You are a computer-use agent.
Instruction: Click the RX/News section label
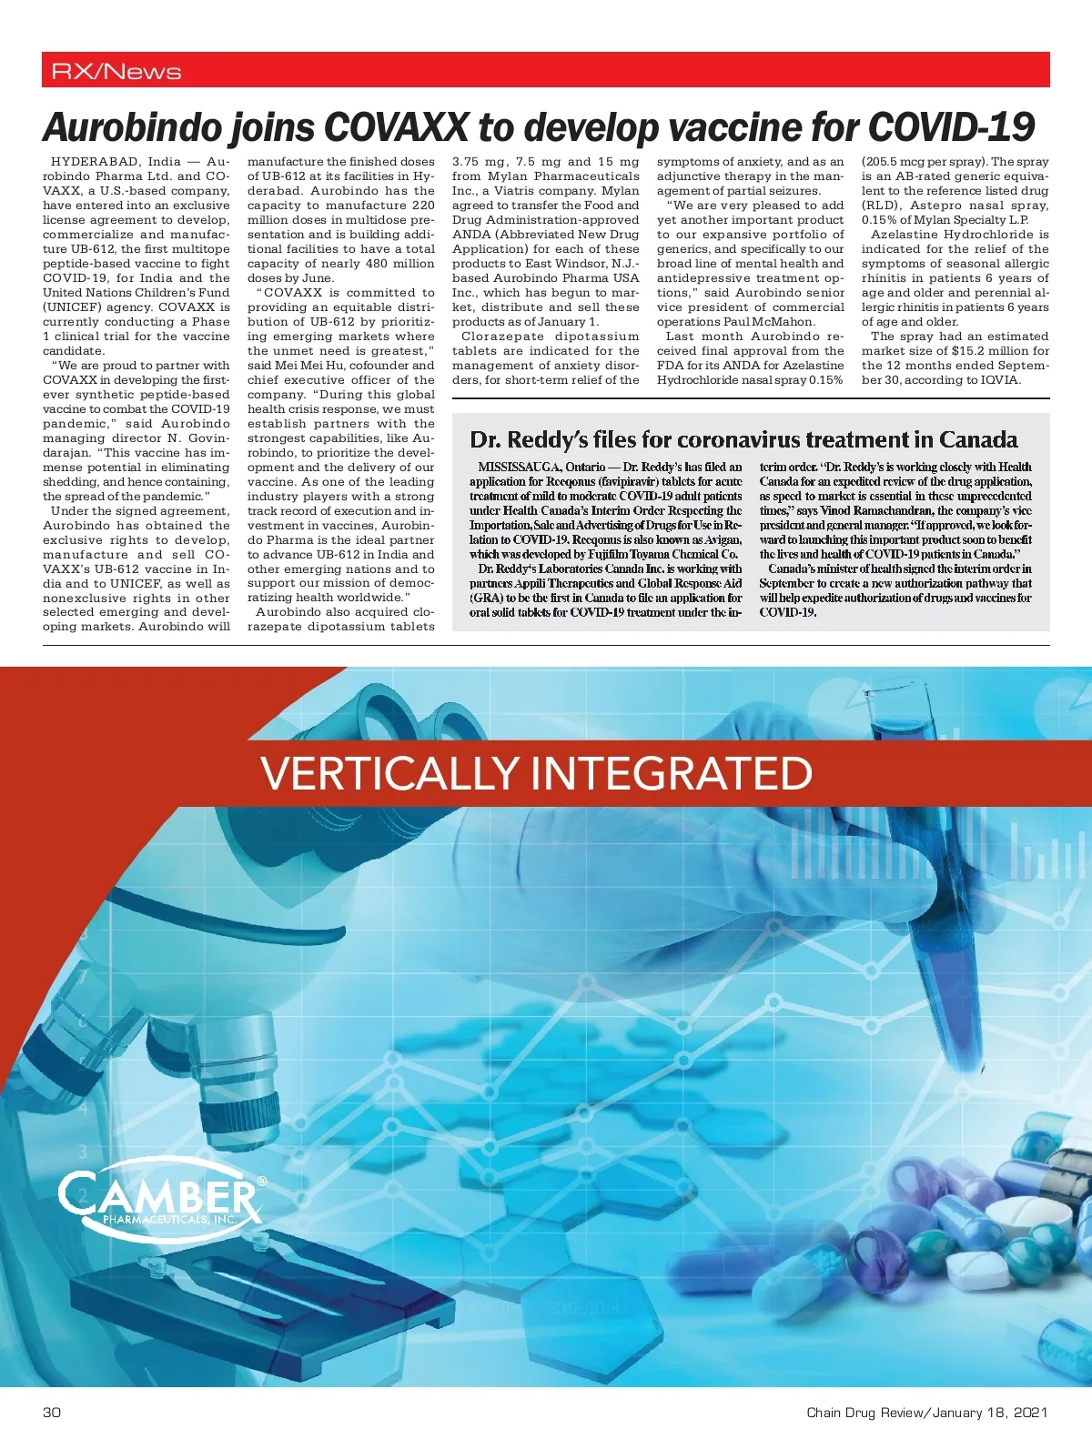[x=116, y=71]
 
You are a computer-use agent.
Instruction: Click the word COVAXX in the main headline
[x=395, y=127]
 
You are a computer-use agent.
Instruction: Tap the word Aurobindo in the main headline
[x=131, y=127]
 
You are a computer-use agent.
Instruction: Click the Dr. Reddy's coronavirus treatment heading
[x=743, y=440]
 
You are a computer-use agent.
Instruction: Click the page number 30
[x=52, y=1413]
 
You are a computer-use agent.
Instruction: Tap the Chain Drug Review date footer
[x=926, y=1413]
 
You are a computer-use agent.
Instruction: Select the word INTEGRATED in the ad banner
[x=671, y=773]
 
